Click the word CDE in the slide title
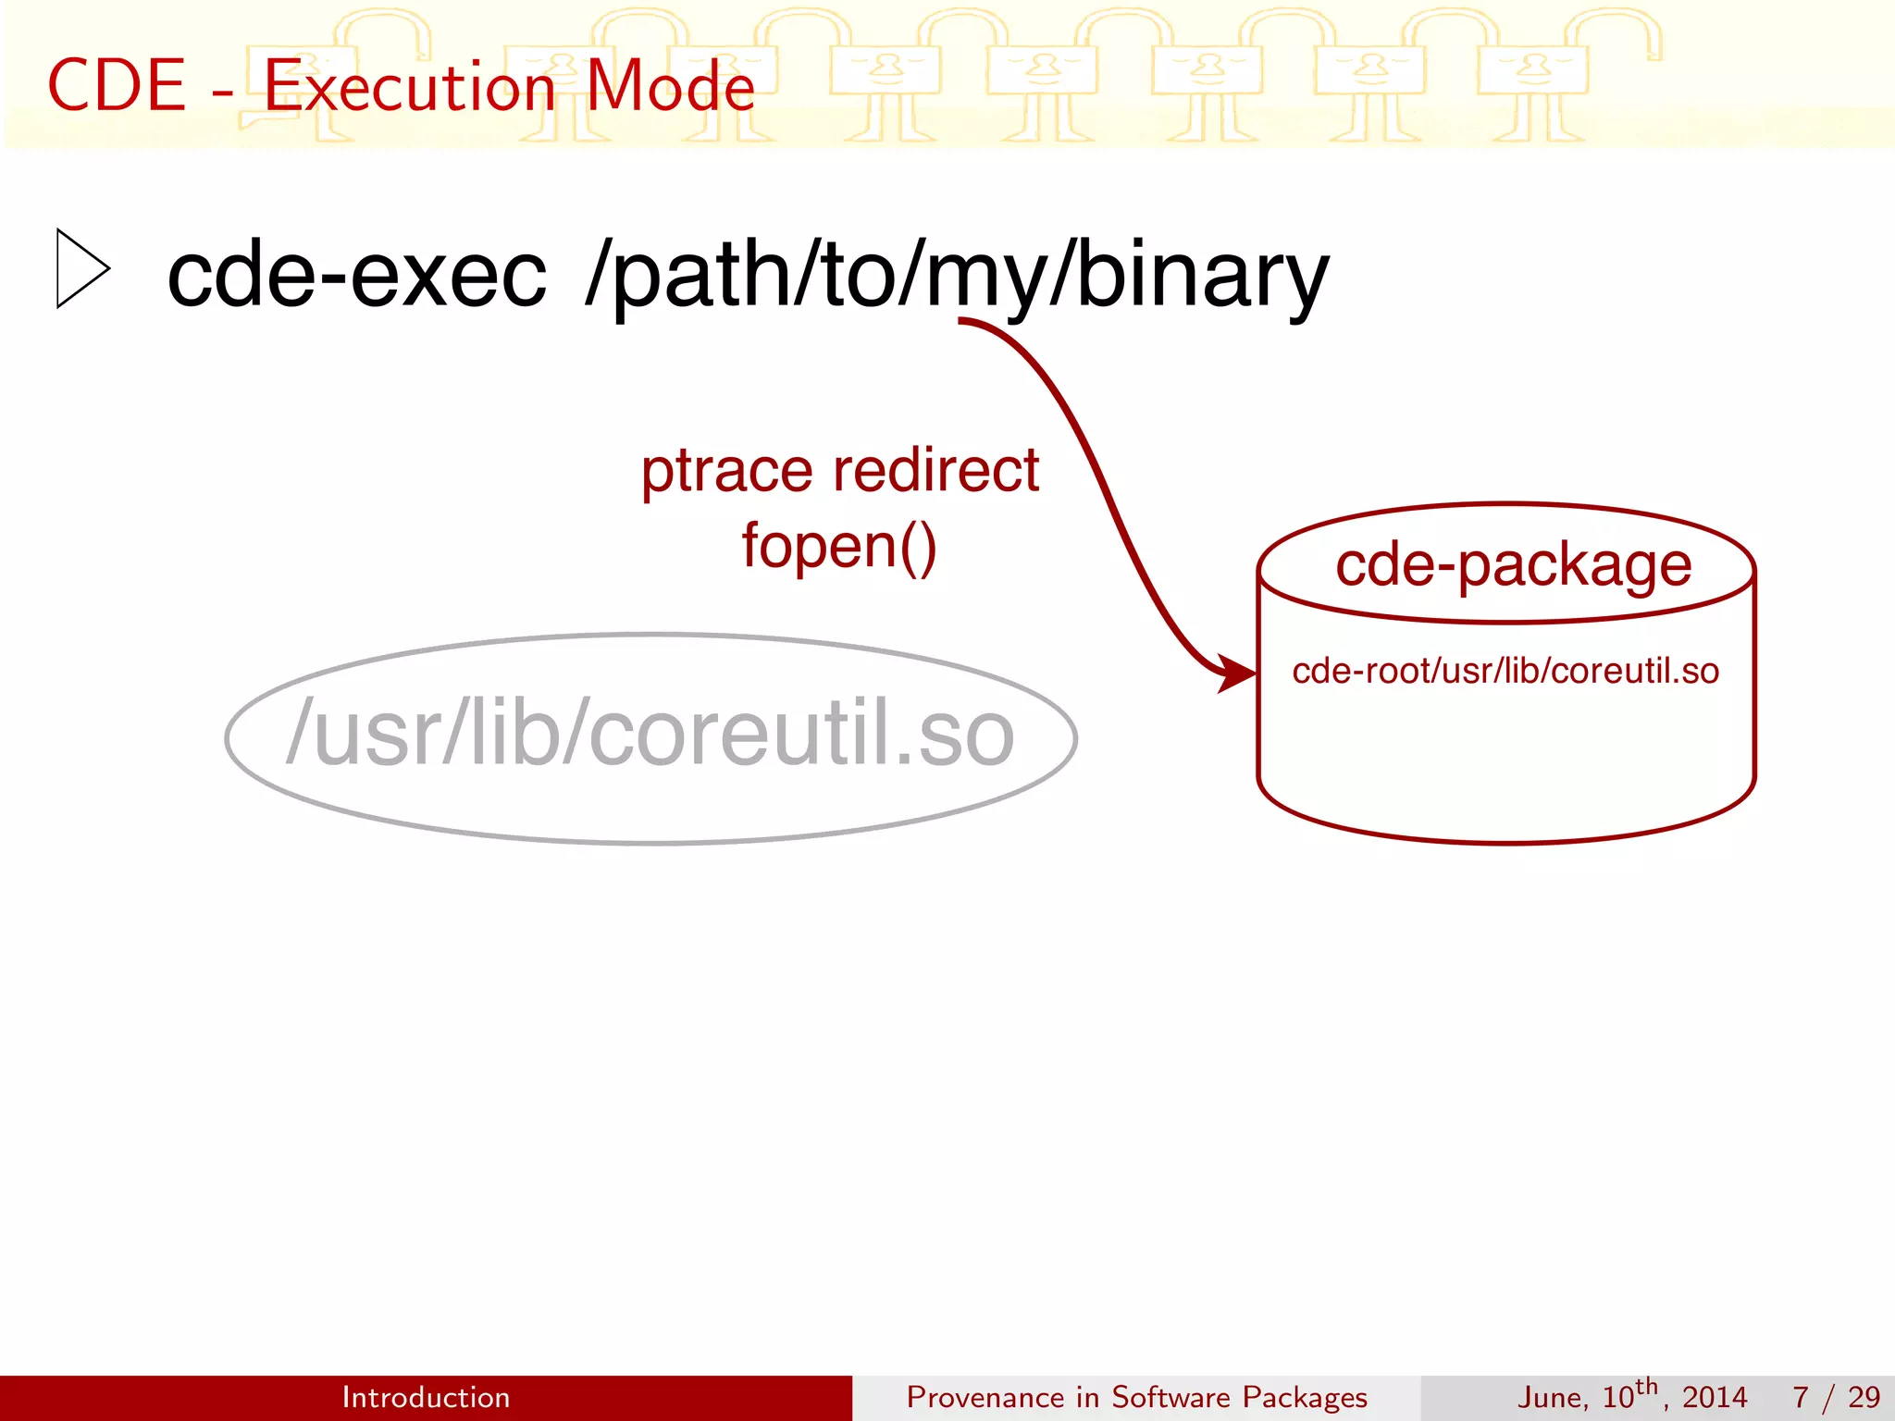pyautogui.click(x=117, y=86)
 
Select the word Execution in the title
pyautogui.click(x=410, y=86)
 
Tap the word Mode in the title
pyautogui.click(x=671, y=86)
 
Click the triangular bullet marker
pyautogui.click(x=81, y=268)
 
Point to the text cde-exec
pyautogui.click(x=356, y=276)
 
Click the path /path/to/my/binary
pyautogui.click(x=957, y=276)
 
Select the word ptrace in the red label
pyautogui.click(x=727, y=472)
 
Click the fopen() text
pyautogui.click(x=839, y=546)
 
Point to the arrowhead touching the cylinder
pyautogui.click(x=1237, y=673)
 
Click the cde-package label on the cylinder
pyautogui.click(x=1513, y=566)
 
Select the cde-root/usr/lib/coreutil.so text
pyautogui.click(x=1505, y=671)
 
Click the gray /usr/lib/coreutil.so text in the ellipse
pyautogui.click(x=650, y=734)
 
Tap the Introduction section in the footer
pyautogui.click(x=426, y=1397)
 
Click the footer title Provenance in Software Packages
pyautogui.click(x=1136, y=1397)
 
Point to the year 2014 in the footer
pyautogui.click(x=1714, y=1397)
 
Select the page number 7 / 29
pyautogui.click(x=1836, y=1397)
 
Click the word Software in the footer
pyautogui.click(x=1170, y=1397)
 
